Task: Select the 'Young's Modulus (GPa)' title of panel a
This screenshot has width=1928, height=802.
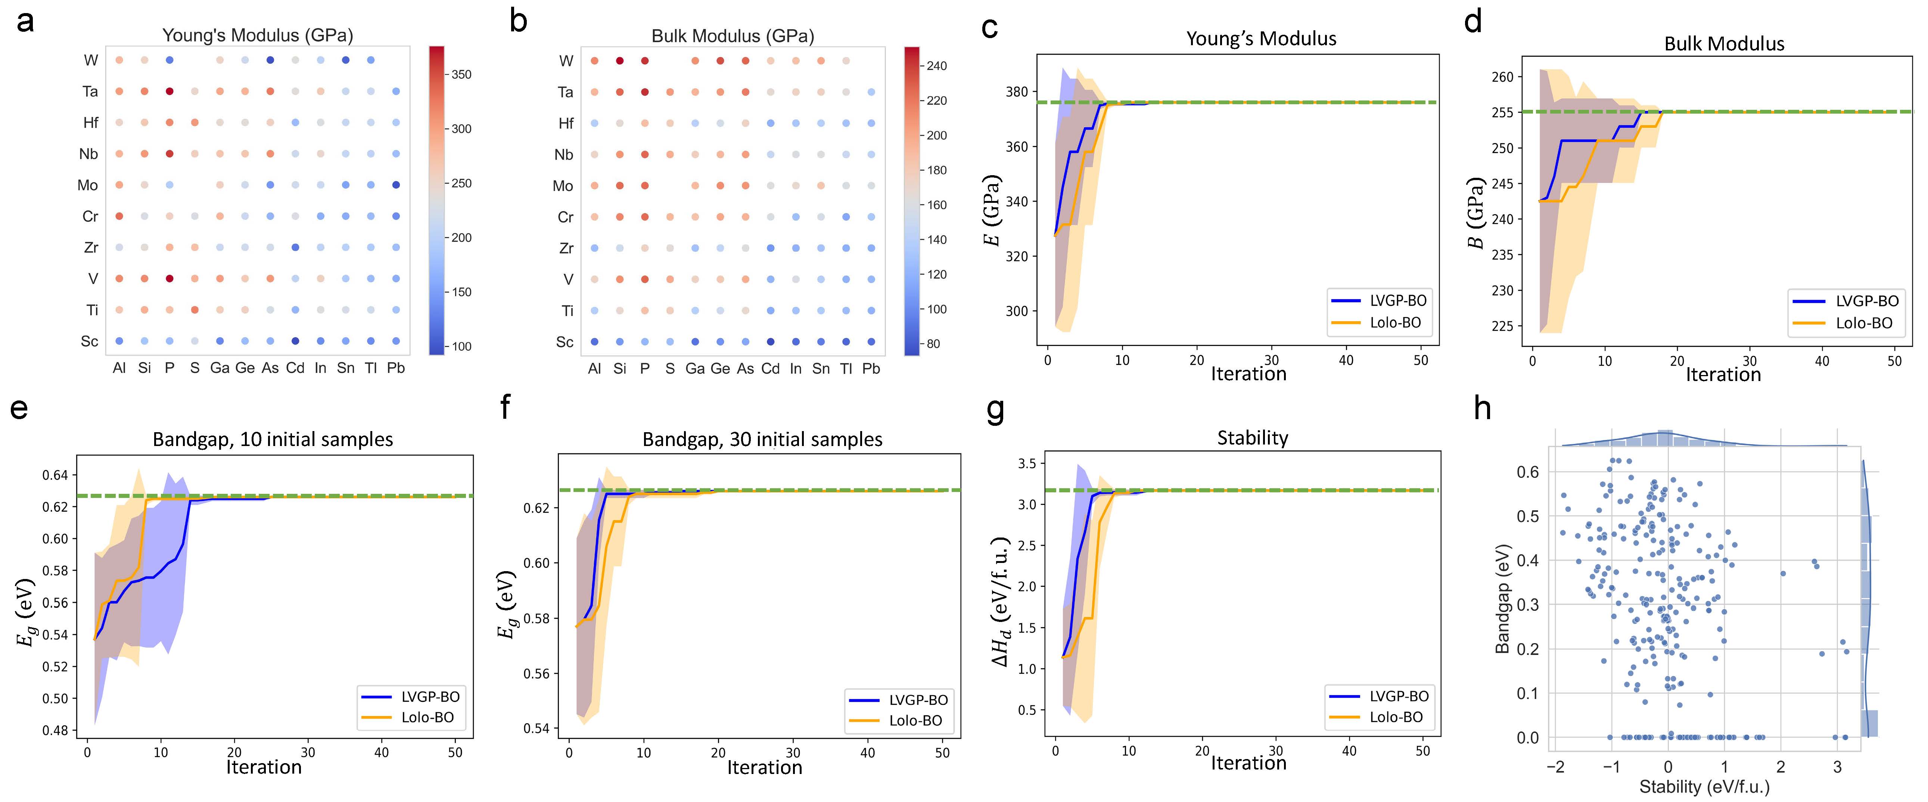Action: (258, 35)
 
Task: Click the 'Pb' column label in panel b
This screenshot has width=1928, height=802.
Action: (870, 368)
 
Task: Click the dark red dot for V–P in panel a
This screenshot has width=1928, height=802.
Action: (170, 279)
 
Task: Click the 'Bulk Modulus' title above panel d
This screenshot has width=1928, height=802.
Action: (1724, 43)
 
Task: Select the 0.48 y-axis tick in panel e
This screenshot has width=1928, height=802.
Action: (55, 730)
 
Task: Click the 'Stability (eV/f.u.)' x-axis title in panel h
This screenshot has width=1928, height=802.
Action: (1704, 787)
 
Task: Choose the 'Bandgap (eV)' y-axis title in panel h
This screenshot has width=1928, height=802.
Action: (1501, 599)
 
